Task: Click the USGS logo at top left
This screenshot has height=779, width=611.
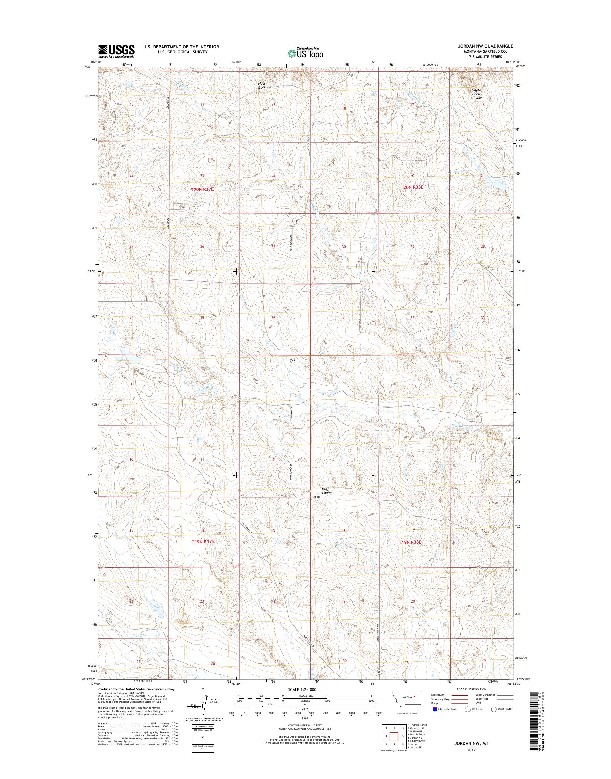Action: [x=116, y=51]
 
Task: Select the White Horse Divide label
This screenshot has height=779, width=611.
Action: [x=476, y=94]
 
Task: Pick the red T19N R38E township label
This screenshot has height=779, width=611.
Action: [x=410, y=552]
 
